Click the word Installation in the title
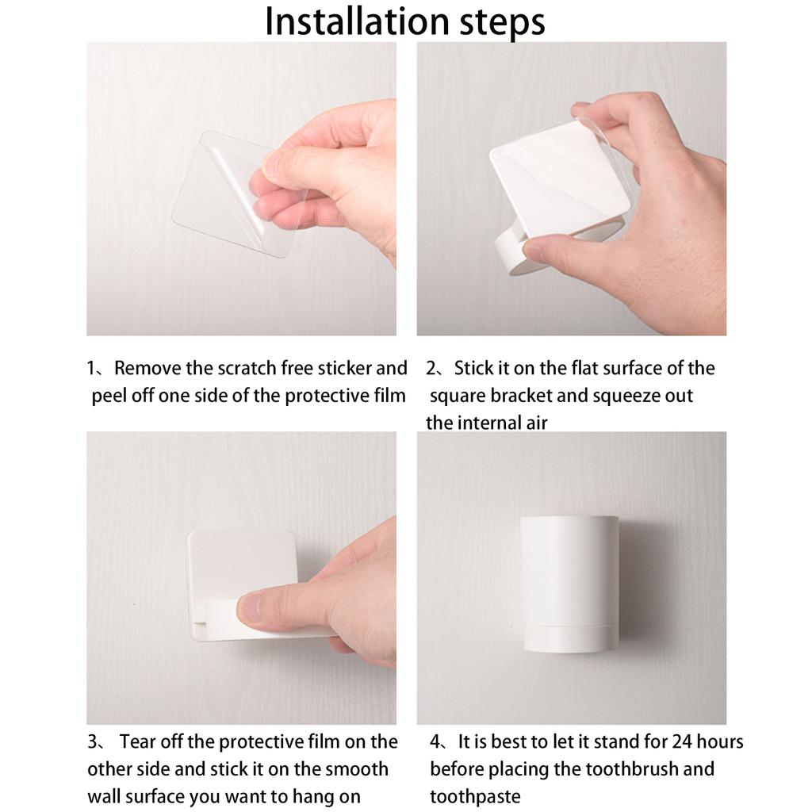[357, 21]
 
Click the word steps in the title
[502, 23]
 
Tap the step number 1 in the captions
[91, 368]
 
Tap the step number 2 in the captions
[431, 368]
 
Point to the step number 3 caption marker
[92, 742]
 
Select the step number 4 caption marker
[435, 742]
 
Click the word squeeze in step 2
[625, 396]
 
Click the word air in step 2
[537, 423]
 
